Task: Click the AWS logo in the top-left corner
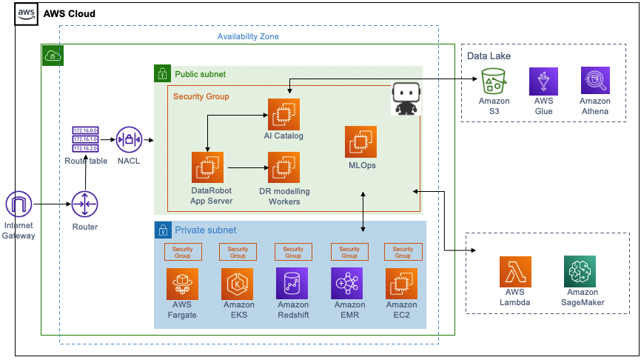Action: coord(27,14)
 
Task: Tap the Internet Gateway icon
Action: coord(19,204)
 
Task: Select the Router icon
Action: coord(84,204)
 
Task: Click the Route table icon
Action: coord(86,139)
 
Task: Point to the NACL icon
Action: coord(129,139)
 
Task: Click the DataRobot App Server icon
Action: coord(207,167)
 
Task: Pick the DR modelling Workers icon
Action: coord(283,167)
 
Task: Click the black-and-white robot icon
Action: coord(406,100)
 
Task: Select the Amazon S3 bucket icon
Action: coord(494,81)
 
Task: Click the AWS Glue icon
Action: coord(544,81)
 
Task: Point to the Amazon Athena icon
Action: coord(595,81)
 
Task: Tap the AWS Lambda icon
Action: coord(514,273)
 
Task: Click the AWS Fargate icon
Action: coord(182,284)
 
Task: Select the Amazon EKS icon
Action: coord(238,284)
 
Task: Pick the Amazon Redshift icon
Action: coord(292,284)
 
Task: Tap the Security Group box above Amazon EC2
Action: coord(403,252)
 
